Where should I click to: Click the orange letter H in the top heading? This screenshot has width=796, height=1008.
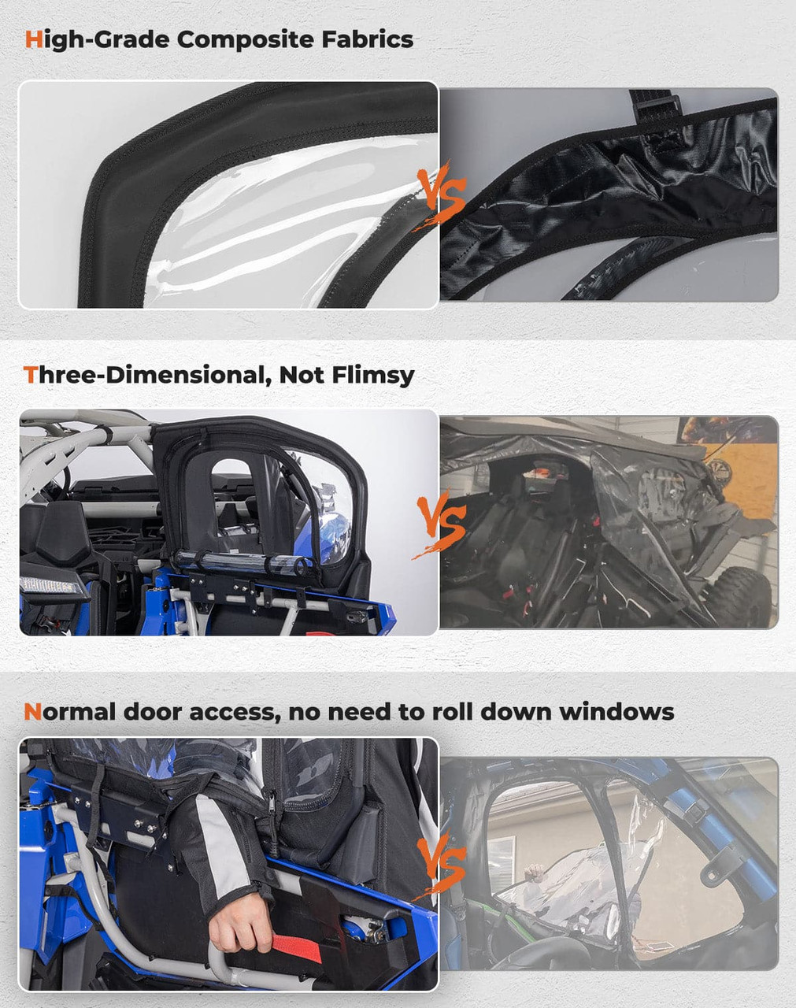coord(33,39)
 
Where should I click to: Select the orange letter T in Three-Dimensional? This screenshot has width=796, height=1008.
coord(31,375)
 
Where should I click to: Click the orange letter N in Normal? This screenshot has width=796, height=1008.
coord(32,712)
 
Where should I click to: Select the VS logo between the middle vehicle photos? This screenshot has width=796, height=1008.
coord(441,524)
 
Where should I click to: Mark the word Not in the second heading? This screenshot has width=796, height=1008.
coord(302,375)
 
